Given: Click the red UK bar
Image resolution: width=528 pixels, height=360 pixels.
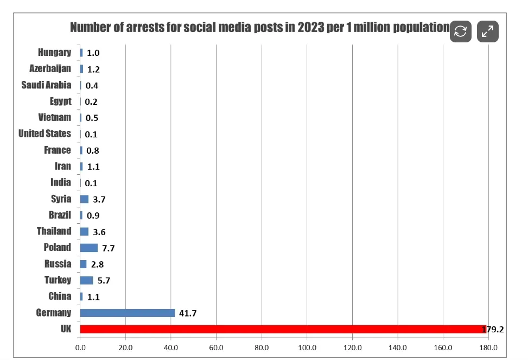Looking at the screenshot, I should (x=282, y=329).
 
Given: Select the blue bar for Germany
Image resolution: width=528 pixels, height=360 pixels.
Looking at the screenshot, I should (x=128, y=313).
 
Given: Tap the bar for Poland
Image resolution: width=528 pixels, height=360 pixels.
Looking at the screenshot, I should (x=89, y=248).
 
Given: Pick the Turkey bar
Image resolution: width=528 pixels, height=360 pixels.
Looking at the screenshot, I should (x=86, y=280).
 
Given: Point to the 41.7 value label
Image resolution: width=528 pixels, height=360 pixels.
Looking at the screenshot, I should (x=188, y=313).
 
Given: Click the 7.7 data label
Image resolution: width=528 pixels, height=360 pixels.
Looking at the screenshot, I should (x=109, y=248).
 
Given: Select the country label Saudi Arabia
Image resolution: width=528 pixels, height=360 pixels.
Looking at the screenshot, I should (x=46, y=85).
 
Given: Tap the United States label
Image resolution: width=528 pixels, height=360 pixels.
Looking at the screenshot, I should (x=44, y=134).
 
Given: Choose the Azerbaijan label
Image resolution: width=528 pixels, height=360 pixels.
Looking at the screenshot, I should (x=50, y=69).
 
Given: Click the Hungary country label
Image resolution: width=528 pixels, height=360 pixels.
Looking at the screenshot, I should (x=54, y=53).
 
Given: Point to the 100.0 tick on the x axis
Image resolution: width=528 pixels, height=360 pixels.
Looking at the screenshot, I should (x=307, y=348).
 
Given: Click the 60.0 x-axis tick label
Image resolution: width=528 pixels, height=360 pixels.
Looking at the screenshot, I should (x=216, y=348).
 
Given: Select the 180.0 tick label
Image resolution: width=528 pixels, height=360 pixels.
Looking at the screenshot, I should (x=488, y=348).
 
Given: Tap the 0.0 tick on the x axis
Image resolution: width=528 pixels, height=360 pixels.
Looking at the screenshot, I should (x=80, y=348).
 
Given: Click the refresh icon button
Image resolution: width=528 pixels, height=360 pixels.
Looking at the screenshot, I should (x=460, y=31).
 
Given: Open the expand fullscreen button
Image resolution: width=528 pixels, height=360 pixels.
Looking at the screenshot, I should (x=487, y=31).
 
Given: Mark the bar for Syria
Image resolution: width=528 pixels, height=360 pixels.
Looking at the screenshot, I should (x=84, y=199).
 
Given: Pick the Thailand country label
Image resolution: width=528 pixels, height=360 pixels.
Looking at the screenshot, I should (x=54, y=231).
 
